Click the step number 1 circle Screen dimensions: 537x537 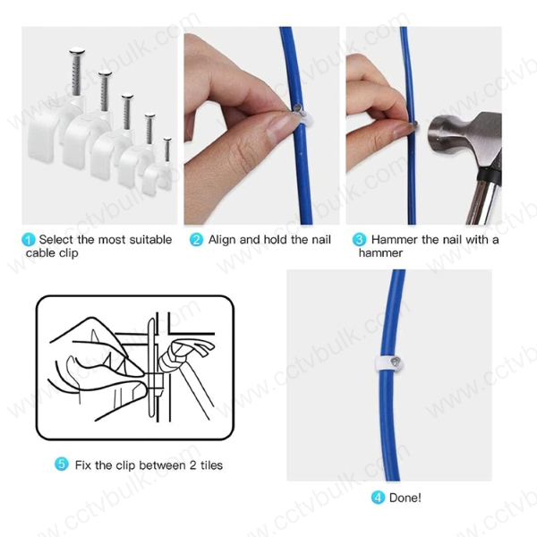click(29, 240)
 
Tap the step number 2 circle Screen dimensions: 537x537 click(196, 240)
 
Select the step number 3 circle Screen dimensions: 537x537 click(358, 240)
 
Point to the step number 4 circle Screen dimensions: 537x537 click(378, 498)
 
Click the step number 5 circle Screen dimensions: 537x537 click(61, 465)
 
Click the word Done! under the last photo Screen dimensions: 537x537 click(405, 498)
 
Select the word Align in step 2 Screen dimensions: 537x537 click(223, 240)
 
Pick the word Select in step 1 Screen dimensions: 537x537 click(55, 240)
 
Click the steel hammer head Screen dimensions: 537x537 click(452, 135)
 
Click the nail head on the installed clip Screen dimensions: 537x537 click(398, 359)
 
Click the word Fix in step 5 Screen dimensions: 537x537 click(83, 465)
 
